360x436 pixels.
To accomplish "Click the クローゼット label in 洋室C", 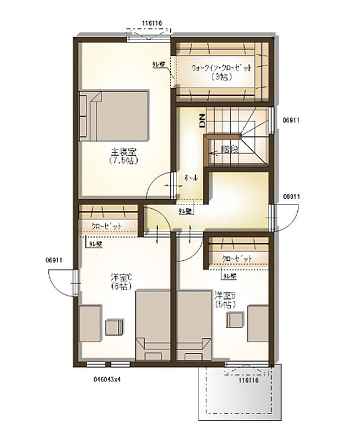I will [106, 226].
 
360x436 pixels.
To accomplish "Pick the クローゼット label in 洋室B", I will [237, 259].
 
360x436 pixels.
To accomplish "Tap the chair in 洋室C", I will [114, 327].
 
